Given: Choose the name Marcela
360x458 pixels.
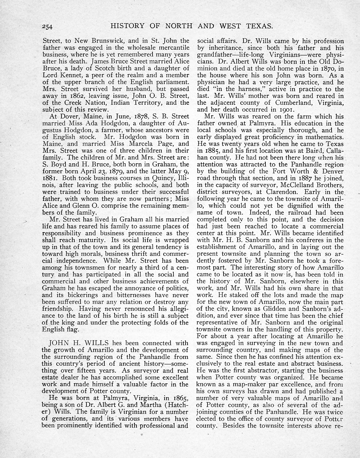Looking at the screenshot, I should pos(141,144).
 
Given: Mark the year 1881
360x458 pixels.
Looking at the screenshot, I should pos(51,178).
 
